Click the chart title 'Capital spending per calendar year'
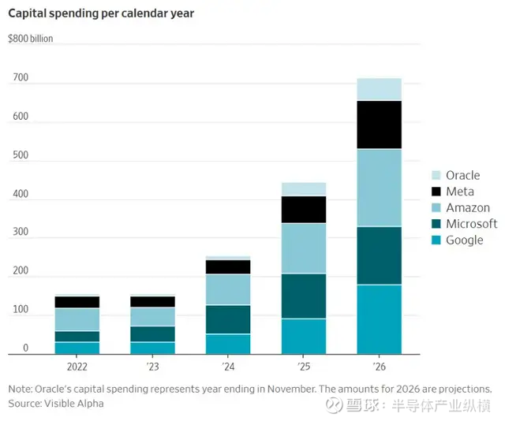tap(103, 13)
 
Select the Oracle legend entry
tap(462, 175)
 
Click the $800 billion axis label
tap(31, 39)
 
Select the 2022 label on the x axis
tap(77, 367)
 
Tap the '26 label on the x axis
tap(380, 367)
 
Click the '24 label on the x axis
tap(228, 367)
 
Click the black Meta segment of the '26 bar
tap(380, 125)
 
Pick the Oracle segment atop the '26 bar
tap(380, 89)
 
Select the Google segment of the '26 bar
tap(380, 319)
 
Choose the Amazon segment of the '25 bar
tap(304, 248)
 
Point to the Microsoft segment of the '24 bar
tap(228, 319)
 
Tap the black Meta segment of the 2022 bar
tap(77, 302)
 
